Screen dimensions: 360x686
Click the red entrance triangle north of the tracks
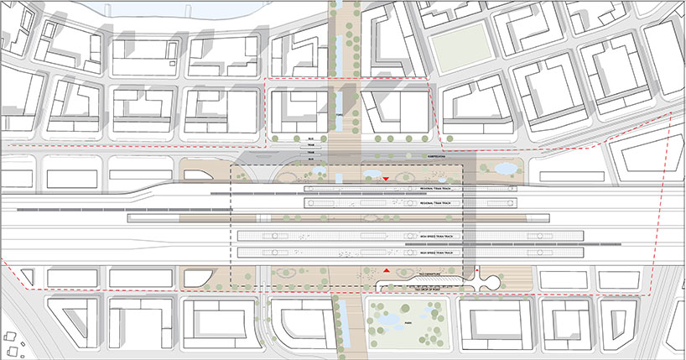click(386, 180)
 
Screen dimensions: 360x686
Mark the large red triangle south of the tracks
click(387, 272)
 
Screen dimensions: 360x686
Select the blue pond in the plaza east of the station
click(505, 169)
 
